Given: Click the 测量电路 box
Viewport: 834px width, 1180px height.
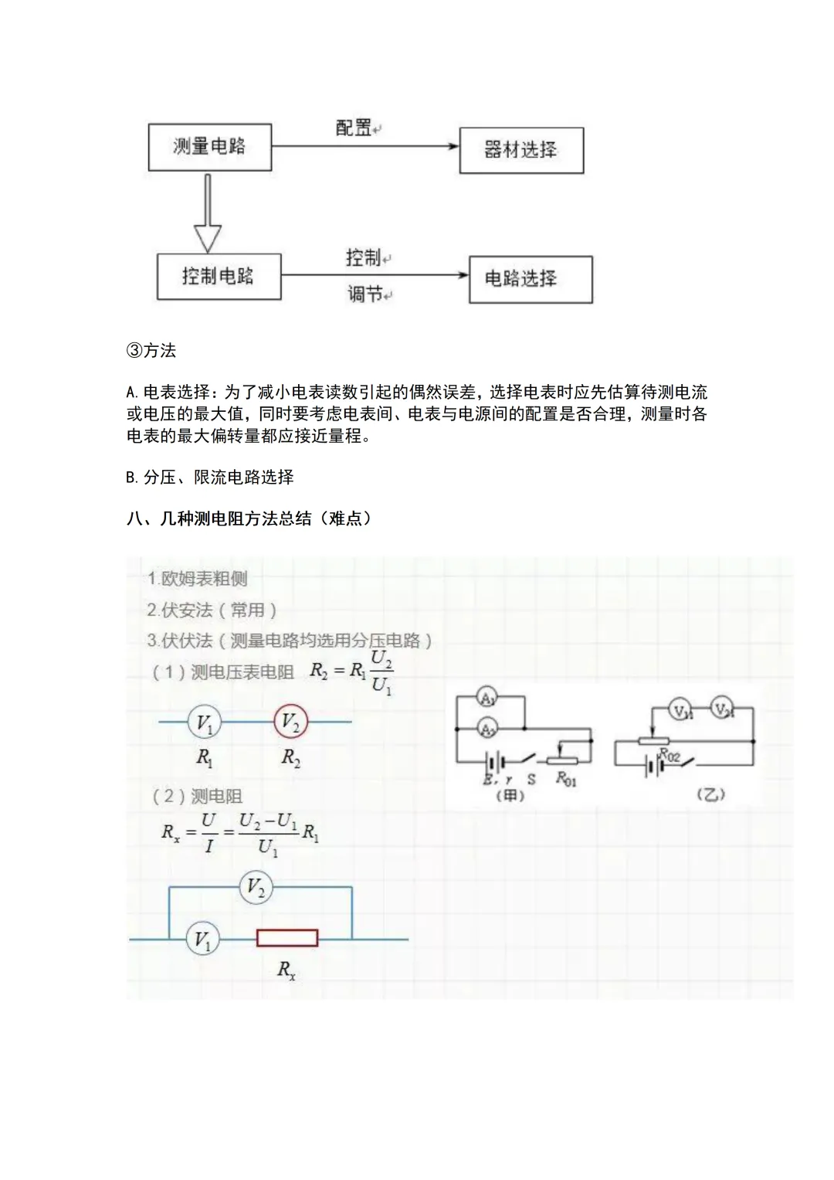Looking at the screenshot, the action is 209,147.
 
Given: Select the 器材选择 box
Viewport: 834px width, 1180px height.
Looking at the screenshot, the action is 521,150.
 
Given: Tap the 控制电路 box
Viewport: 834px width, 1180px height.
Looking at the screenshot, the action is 219,277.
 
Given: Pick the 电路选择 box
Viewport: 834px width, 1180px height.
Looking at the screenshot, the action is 531,279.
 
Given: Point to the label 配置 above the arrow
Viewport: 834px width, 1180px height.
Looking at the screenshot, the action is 354,128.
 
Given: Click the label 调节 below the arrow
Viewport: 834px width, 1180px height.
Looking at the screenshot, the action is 365,294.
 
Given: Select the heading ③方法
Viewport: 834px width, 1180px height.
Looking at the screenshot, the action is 151,351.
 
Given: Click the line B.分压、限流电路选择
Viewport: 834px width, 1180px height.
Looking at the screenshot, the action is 210,478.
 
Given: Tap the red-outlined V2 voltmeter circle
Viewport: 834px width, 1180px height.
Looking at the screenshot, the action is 291,723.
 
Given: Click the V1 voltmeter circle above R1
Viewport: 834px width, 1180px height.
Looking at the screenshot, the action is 205,723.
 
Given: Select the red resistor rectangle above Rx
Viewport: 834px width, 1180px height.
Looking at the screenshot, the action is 287,938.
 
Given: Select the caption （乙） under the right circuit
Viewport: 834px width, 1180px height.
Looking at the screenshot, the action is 710,794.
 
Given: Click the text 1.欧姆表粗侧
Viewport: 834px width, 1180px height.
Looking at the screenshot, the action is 198,579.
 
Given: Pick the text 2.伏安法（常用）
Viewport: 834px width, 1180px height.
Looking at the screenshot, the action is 212,610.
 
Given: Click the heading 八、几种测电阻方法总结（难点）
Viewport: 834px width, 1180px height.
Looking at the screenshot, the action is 249,519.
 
